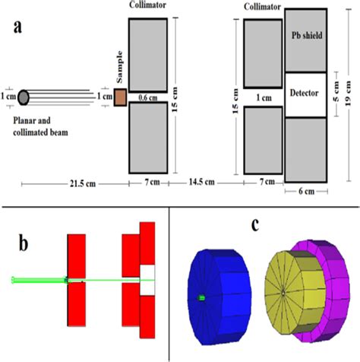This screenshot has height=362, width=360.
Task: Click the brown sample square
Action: coord(120,97)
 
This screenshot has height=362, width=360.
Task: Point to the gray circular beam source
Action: coord(24,97)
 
